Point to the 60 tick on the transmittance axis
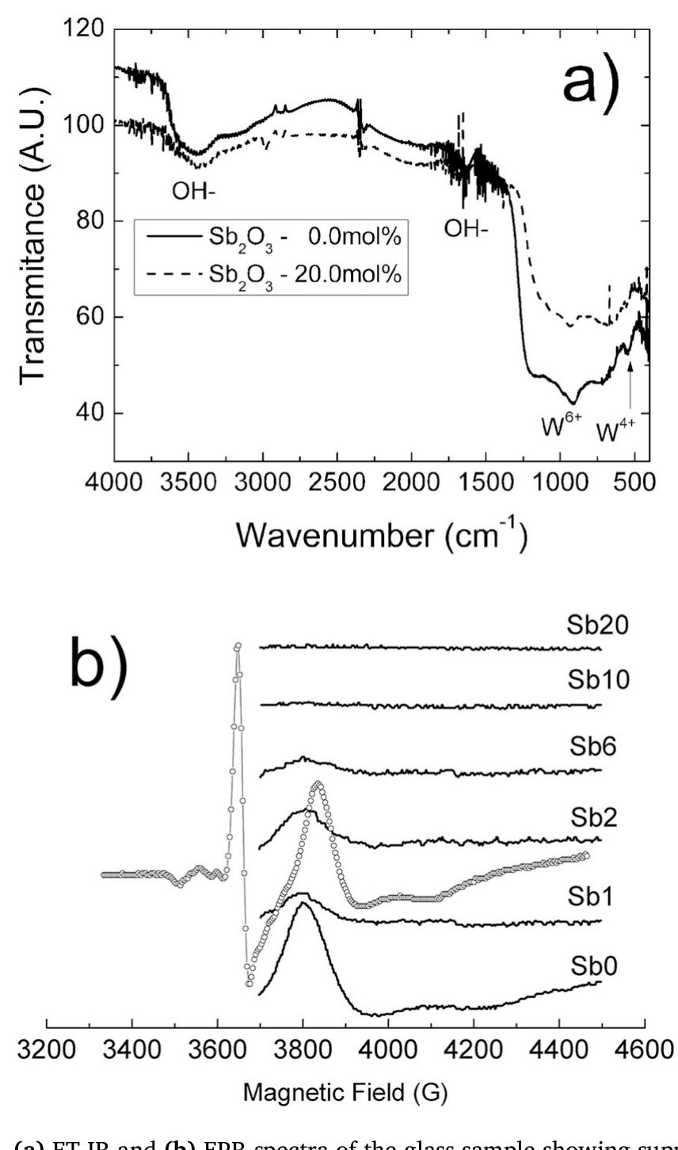click(88, 318)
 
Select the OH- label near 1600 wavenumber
click(466, 228)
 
